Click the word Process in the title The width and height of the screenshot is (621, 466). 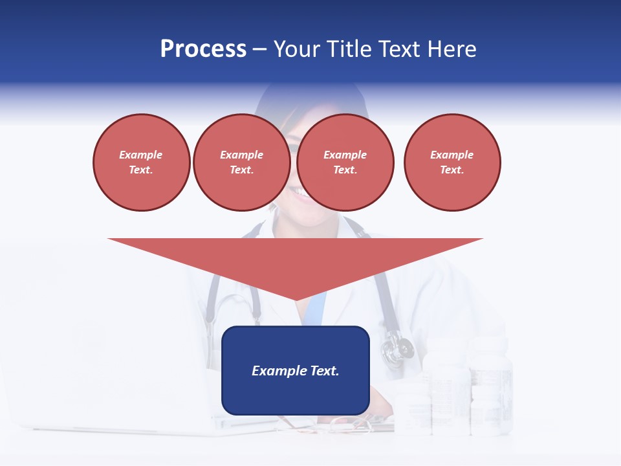203,49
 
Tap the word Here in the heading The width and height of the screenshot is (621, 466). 451,49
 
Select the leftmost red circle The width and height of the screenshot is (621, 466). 141,162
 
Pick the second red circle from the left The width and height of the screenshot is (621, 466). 241,162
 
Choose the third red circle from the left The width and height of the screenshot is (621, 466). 345,162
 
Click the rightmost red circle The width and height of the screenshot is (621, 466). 452,162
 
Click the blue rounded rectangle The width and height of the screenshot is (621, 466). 295,370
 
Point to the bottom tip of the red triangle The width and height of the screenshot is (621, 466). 296,300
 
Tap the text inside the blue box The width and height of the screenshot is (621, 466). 295,371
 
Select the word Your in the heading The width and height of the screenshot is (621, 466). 298,49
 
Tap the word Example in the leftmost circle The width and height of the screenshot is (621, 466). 141,155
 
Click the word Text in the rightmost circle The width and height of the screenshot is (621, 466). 452,170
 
